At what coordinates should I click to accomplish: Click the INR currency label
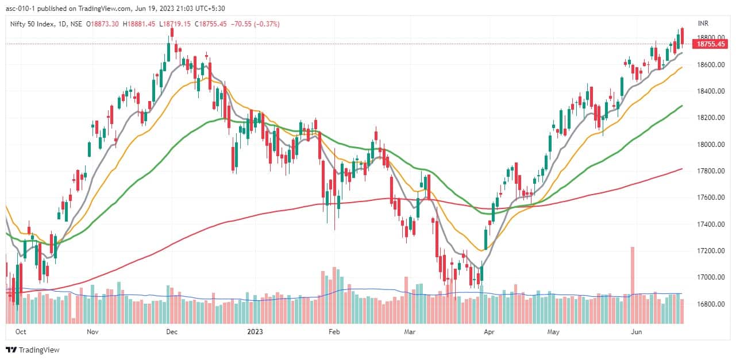703,24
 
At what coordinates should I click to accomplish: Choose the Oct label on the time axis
21,331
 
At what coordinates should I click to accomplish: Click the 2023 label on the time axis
255,331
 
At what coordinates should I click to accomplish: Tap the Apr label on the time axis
489,331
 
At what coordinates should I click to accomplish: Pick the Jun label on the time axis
636,331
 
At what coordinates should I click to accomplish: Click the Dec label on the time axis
171,331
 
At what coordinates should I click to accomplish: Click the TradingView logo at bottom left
33,350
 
